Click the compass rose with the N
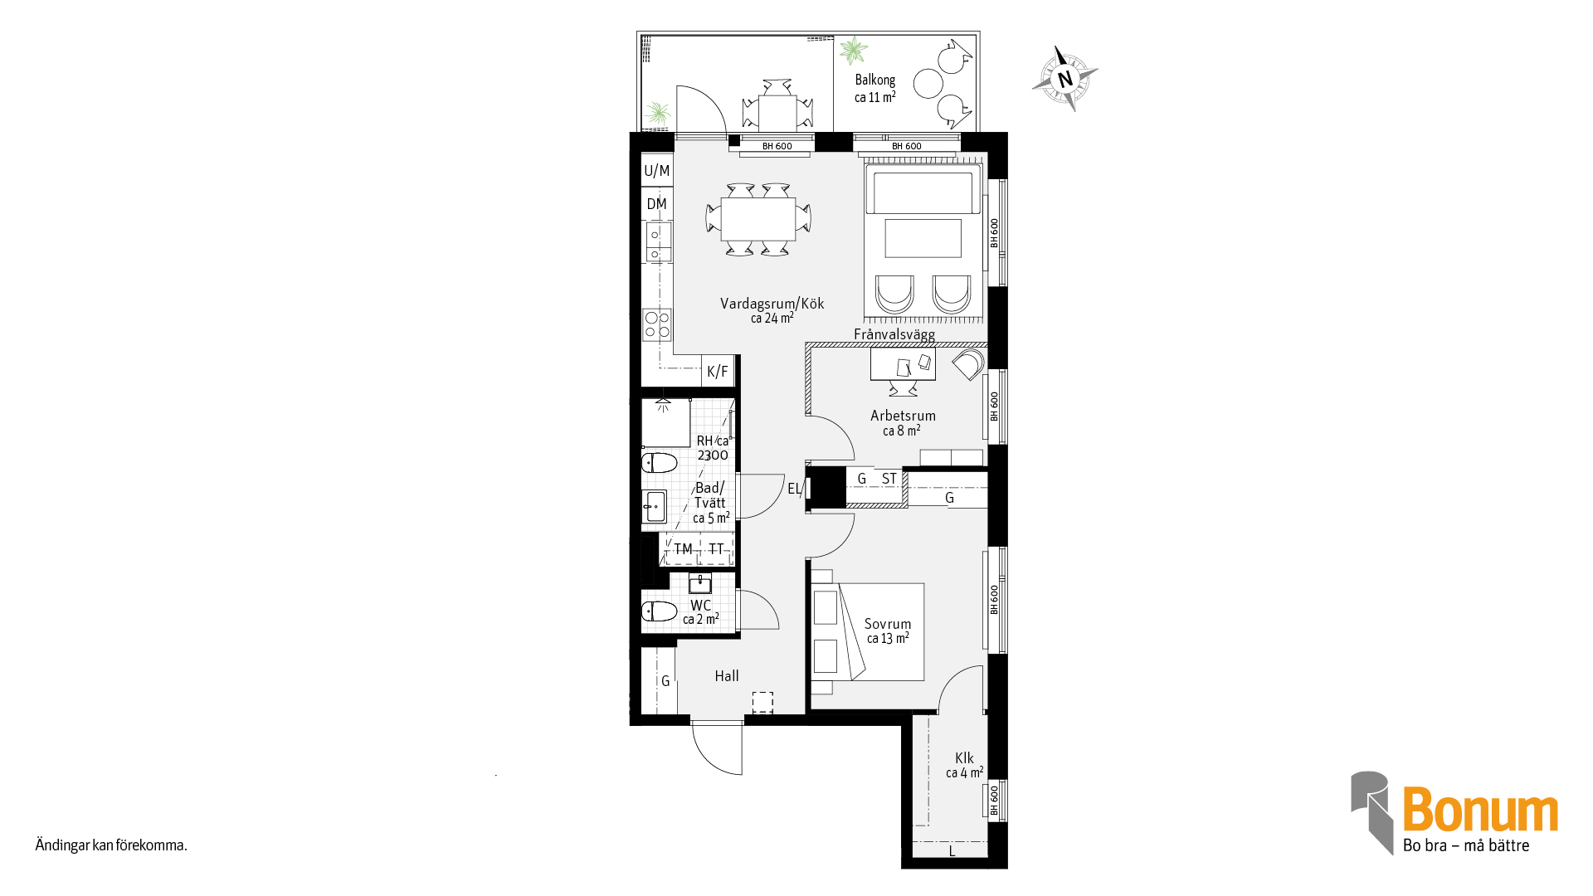point(1065,79)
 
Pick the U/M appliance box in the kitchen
point(657,170)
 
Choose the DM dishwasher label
point(657,204)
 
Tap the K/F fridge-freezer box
point(719,371)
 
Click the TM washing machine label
point(684,549)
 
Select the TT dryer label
point(717,549)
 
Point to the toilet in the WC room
point(660,612)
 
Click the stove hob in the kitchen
point(657,324)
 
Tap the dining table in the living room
point(758,219)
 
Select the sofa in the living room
point(923,190)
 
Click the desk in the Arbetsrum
point(903,364)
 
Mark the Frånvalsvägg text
point(894,334)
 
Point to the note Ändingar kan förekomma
point(111,845)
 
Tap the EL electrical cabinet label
point(794,489)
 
